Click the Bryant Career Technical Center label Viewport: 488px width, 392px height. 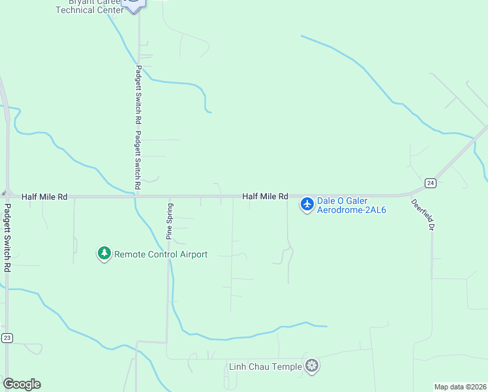tap(89, 7)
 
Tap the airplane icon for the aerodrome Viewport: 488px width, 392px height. tap(307, 204)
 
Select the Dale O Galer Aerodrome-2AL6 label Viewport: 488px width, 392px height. tap(352, 205)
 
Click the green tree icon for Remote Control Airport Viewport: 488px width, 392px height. tap(104, 253)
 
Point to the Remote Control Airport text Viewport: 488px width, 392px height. tap(161, 254)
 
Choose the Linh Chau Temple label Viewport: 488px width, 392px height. tap(266, 367)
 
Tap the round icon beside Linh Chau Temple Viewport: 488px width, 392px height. tap(313, 366)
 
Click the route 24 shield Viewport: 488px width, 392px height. tap(430, 182)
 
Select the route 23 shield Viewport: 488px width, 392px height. tap(7, 337)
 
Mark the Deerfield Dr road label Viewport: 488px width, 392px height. tap(423, 214)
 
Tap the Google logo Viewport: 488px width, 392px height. tap(22, 384)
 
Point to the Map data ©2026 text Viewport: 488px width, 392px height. tap(460, 387)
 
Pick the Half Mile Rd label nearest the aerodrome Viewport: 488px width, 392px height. tap(265, 196)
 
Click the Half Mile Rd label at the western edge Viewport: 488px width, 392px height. tap(44, 196)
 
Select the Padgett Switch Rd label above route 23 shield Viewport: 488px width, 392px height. tap(7, 238)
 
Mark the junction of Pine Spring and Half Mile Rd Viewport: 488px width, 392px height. tap(169, 196)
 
